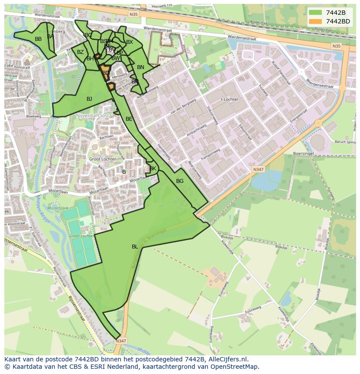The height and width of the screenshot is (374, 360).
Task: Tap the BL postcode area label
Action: click(x=135, y=247)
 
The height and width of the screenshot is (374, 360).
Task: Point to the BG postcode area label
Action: click(x=180, y=181)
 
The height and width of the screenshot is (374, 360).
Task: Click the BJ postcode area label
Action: click(x=89, y=99)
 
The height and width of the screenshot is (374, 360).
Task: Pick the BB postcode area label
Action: click(x=38, y=39)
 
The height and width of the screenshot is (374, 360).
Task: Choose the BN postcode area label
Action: click(x=140, y=67)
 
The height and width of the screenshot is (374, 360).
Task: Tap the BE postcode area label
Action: click(x=129, y=119)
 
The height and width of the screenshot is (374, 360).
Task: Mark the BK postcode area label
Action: click(x=153, y=169)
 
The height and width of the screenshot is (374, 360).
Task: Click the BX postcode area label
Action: click(x=130, y=42)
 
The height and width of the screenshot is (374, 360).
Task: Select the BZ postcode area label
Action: click(x=80, y=52)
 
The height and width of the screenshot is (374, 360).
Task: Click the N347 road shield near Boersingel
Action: click(x=258, y=169)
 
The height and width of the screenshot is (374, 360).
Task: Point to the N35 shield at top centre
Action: click(x=133, y=14)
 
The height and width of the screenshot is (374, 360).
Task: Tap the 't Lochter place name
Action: click(x=229, y=99)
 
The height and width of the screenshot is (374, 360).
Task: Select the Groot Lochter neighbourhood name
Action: click(x=103, y=159)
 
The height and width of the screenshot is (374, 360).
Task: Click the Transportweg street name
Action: click(x=210, y=156)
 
